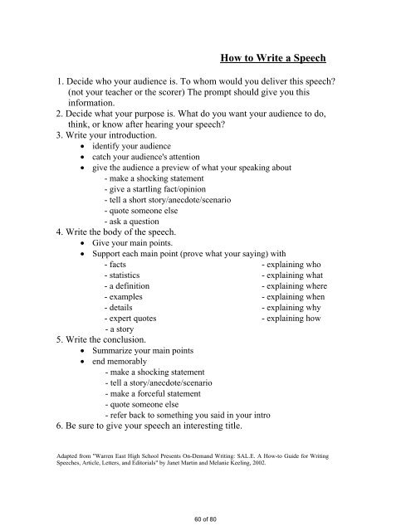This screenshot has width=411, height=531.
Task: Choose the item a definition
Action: pyautogui.click(x=130, y=285)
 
